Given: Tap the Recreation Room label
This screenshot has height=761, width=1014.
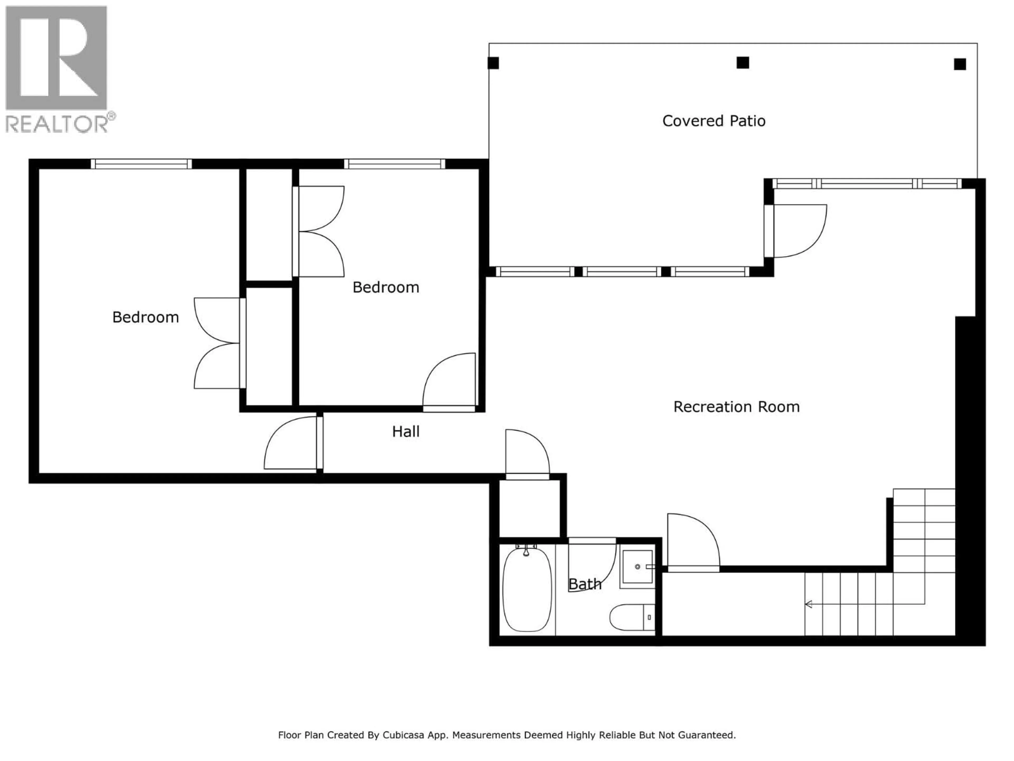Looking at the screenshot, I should point(736,407).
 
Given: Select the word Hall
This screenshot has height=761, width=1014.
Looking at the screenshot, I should point(406,432).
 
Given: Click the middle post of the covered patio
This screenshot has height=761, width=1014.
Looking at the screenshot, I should point(743,63).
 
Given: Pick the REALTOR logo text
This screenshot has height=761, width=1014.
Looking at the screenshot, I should point(57,124).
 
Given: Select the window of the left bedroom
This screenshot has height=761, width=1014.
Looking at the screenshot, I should point(141,164).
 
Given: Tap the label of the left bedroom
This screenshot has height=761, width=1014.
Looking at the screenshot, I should point(145,317).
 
